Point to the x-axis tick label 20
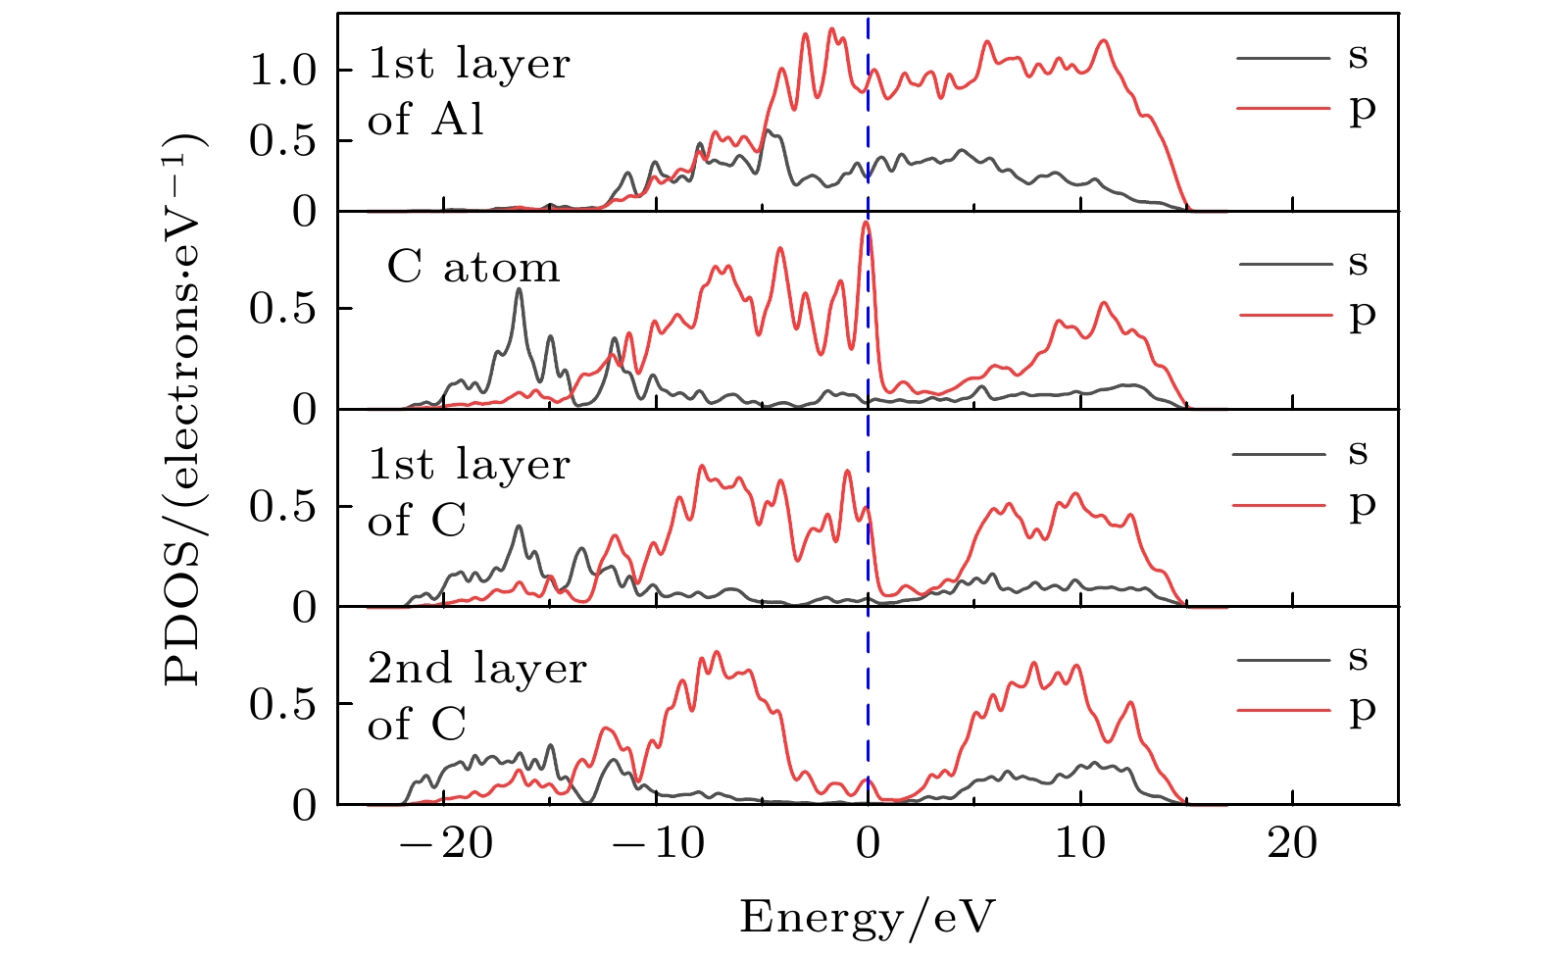click(1292, 844)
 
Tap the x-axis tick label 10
click(1080, 844)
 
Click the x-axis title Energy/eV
click(867, 917)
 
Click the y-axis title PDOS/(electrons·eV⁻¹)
click(185, 409)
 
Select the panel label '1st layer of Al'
click(468, 92)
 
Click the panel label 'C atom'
click(473, 267)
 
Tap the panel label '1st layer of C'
click(468, 492)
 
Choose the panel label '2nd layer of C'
click(476, 696)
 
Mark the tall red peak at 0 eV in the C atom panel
click(866, 225)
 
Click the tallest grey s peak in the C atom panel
click(519, 289)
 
